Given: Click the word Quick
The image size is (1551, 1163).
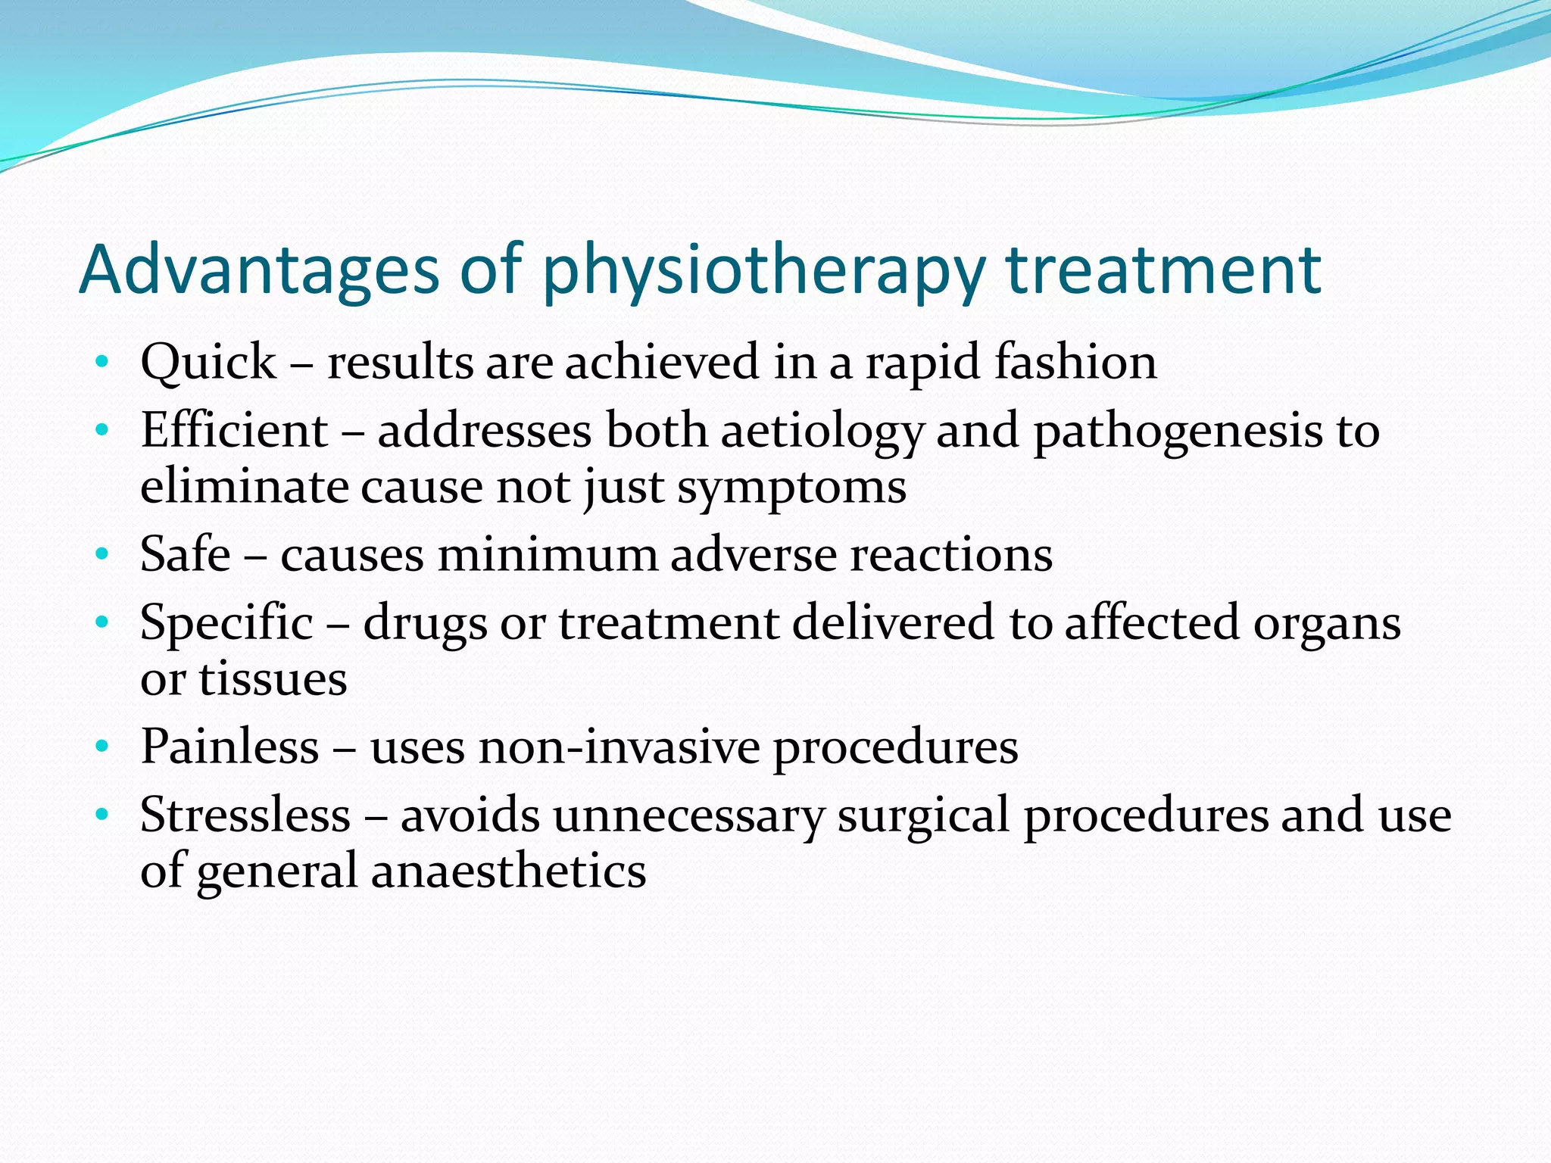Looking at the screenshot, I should [x=208, y=362].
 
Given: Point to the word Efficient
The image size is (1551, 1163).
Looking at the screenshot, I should [x=234, y=430].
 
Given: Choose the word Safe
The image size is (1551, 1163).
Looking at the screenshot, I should [x=186, y=554].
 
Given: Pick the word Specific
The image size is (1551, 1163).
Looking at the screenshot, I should [x=226, y=623].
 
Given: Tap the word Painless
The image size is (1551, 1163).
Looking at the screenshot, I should [x=229, y=747].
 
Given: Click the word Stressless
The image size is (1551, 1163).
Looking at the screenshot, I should [x=245, y=815].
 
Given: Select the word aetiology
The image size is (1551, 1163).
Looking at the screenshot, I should [x=822, y=432].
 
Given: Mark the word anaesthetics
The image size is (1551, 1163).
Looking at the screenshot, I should [x=508, y=871].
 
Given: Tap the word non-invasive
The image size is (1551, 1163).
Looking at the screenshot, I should [x=619, y=747].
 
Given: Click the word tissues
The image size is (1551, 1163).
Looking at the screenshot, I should [x=273, y=679].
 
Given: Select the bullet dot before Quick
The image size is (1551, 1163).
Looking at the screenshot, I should [x=102, y=362].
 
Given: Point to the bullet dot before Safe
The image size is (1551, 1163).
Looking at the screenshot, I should [x=102, y=555].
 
